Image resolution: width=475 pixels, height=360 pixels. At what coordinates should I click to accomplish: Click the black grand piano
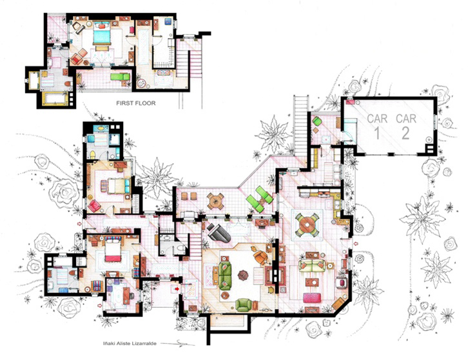(x=218, y=233)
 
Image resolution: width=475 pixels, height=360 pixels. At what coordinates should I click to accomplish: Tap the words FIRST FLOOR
(x=136, y=103)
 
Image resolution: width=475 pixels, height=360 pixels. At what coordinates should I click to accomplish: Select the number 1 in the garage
(x=377, y=133)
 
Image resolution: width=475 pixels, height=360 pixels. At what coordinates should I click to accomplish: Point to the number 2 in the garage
(x=405, y=133)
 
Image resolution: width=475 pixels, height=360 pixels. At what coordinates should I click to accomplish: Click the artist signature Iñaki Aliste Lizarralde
(x=130, y=343)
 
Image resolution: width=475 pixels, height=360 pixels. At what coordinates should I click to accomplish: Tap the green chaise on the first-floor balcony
(x=120, y=76)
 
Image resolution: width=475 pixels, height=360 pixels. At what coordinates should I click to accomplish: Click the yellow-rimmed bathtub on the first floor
(x=55, y=99)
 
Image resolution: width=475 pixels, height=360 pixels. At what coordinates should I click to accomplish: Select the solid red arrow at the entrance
(x=177, y=289)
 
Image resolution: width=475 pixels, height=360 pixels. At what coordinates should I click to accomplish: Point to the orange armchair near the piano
(x=260, y=257)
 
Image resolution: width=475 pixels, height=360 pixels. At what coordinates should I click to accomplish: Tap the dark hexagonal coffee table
(x=243, y=275)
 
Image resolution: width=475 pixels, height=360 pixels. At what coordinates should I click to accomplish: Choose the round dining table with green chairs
(x=307, y=225)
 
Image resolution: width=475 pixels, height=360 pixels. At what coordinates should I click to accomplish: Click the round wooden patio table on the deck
(x=215, y=201)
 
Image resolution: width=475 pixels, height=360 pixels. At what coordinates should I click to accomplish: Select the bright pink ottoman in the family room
(x=312, y=297)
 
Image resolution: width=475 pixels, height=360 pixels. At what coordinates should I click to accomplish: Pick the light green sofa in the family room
(x=312, y=265)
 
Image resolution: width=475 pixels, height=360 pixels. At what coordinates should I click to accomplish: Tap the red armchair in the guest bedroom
(x=94, y=206)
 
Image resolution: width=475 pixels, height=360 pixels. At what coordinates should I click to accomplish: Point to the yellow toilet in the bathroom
(x=93, y=155)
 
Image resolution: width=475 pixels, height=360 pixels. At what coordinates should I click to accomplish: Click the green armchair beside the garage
(x=317, y=121)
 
